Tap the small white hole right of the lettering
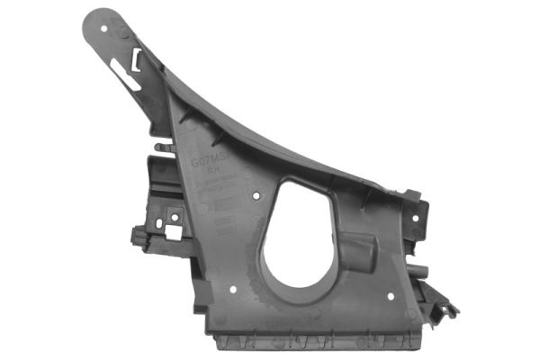point(257,192)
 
